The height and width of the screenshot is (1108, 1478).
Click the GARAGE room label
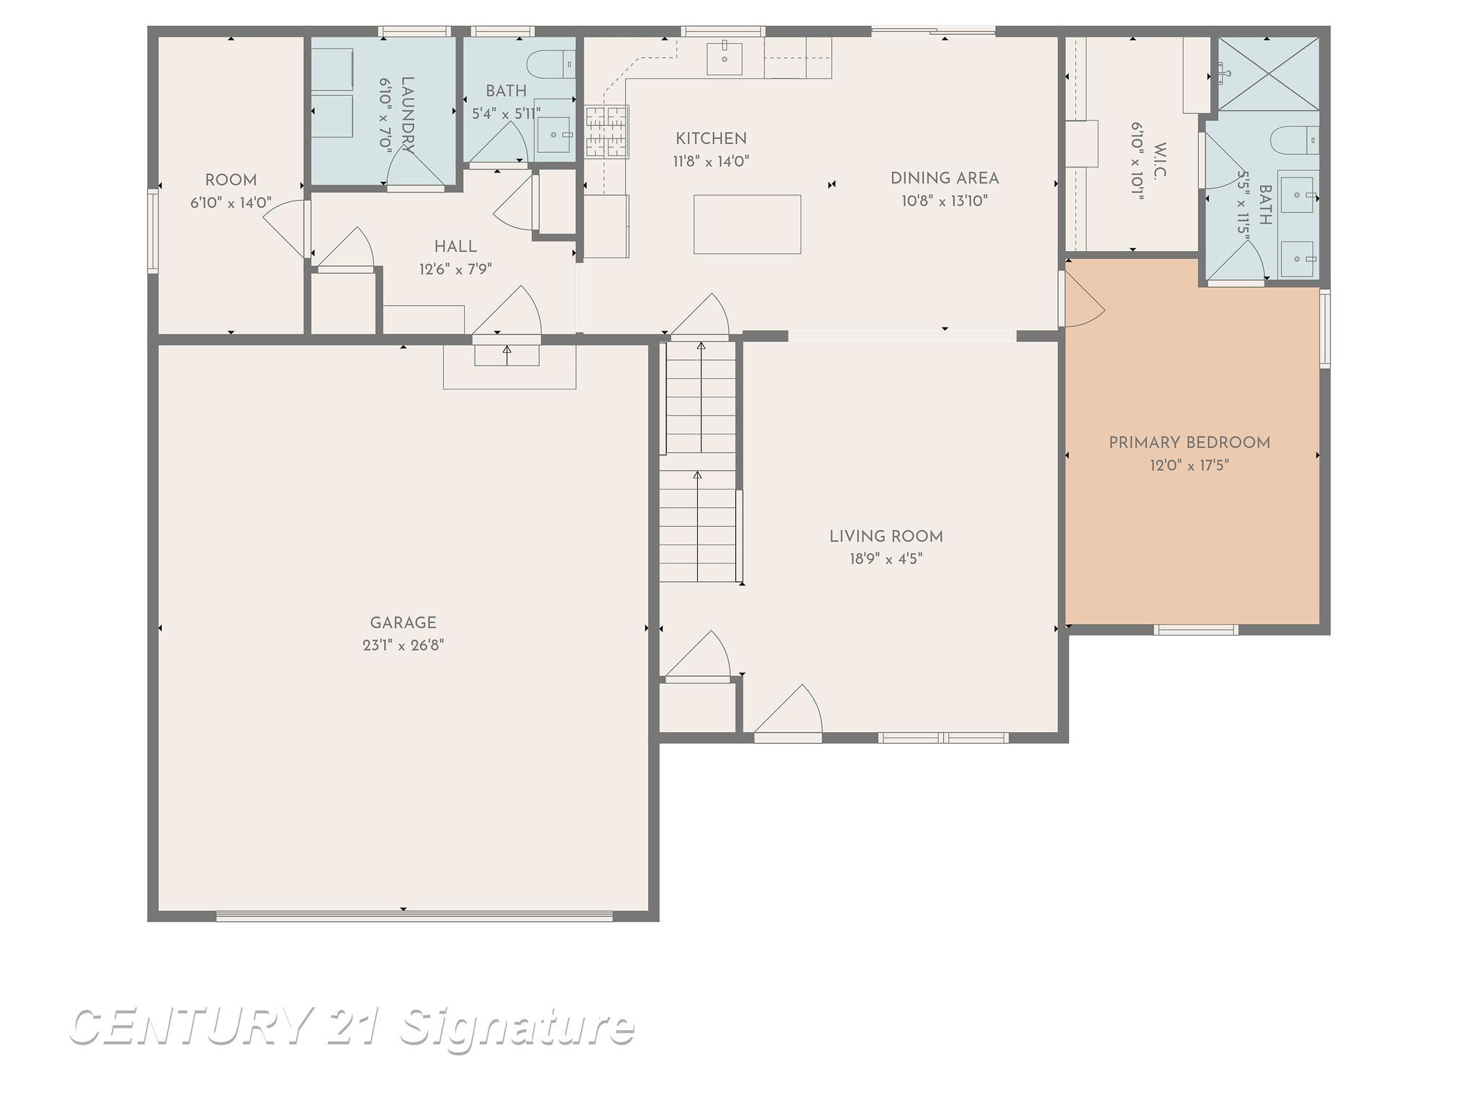[x=403, y=623]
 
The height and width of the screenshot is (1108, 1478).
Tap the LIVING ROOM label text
[x=886, y=537]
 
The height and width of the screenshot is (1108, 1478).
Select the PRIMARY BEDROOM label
[x=1189, y=443]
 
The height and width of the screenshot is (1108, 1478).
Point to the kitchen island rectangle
[x=747, y=224]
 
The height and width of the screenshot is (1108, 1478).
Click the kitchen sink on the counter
[x=724, y=58]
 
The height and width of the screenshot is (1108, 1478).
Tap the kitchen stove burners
[x=606, y=131]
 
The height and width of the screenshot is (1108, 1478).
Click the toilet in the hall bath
[x=551, y=64]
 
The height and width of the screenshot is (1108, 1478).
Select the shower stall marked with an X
[x=1268, y=74]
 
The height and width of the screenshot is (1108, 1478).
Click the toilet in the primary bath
[x=1294, y=139]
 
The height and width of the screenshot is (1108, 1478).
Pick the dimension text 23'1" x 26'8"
[x=403, y=645]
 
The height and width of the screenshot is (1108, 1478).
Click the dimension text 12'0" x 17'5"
[x=1189, y=465]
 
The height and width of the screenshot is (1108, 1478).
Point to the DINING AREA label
[x=944, y=178]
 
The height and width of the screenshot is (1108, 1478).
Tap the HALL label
[x=455, y=247]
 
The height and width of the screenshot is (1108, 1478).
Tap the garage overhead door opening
[x=414, y=916]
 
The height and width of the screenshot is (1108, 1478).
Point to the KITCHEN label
[x=711, y=138]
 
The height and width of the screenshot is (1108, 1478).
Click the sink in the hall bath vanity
[x=554, y=135]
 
